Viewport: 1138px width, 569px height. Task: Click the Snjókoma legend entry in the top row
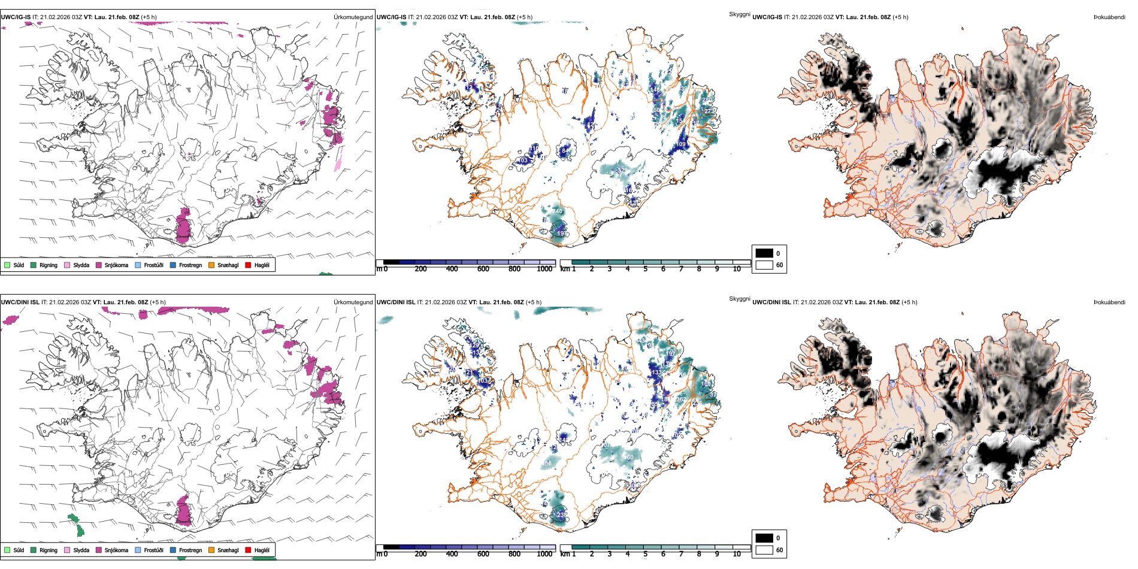[x=116, y=265]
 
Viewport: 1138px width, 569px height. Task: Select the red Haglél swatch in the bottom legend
[x=248, y=550]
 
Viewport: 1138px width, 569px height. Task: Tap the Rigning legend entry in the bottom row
[x=49, y=550]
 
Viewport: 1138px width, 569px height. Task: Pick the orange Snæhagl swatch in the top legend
[x=211, y=265]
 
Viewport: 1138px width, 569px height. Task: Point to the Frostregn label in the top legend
[x=190, y=265]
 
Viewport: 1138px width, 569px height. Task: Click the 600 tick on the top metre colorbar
[x=483, y=269]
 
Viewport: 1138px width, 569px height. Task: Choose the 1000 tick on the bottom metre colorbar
[x=544, y=554]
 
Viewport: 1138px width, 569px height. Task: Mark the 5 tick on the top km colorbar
[x=645, y=269]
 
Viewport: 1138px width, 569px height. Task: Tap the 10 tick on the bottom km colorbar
[x=737, y=554]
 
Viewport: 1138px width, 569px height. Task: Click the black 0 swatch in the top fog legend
[x=764, y=253]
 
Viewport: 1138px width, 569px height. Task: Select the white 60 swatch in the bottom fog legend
[x=764, y=550]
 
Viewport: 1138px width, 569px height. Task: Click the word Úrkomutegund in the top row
[x=353, y=17]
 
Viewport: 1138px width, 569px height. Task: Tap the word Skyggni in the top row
[x=739, y=14]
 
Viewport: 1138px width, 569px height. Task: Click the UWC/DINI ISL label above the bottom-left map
[x=20, y=302]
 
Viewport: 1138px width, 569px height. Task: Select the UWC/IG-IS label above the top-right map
[x=767, y=17]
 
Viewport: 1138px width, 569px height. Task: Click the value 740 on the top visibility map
[x=557, y=211]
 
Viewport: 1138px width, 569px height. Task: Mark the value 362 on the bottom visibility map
[x=681, y=399]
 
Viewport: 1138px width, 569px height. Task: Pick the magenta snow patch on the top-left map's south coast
[x=183, y=225]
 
